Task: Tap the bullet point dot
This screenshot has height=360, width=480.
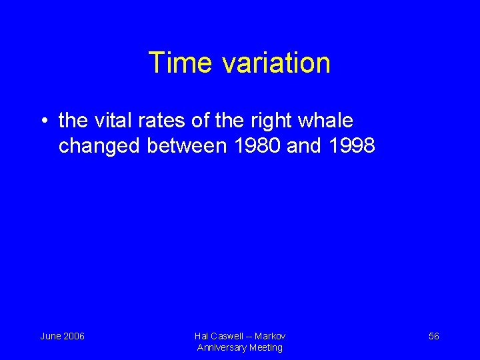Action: (43, 121)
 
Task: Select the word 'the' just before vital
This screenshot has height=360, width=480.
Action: (73, 121)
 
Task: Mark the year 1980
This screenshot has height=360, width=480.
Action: (257, 146)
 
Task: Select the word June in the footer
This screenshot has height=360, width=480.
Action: (51, 336)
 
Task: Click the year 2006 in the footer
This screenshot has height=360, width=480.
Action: (73, 336)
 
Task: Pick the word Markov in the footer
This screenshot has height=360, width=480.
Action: (270, 336)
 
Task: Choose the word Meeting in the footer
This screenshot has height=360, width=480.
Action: (266, 347)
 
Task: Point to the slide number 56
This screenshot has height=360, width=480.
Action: (433, 336)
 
